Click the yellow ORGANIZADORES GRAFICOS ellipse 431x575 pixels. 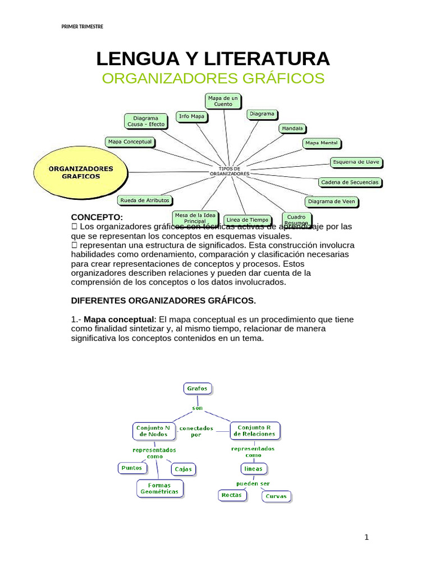point(81,172)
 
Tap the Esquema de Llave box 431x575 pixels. point(356,162)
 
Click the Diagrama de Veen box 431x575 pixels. point(331,201)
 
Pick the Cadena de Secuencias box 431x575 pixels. point(349,182)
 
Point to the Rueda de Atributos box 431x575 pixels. point(144,200)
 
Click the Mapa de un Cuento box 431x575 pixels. point(223,101)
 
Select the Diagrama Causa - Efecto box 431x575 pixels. point(145,121)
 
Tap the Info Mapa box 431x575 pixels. point(191,116)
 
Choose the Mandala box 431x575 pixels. point(292,128)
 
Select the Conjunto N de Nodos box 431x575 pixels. point(151,431)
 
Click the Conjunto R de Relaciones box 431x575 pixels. point(255,431)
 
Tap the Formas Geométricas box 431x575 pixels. point(159,488)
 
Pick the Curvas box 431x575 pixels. point(276,496)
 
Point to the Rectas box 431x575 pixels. point(232,495)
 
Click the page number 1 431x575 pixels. point(366,537)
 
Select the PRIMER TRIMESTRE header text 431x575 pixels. point(82,27)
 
